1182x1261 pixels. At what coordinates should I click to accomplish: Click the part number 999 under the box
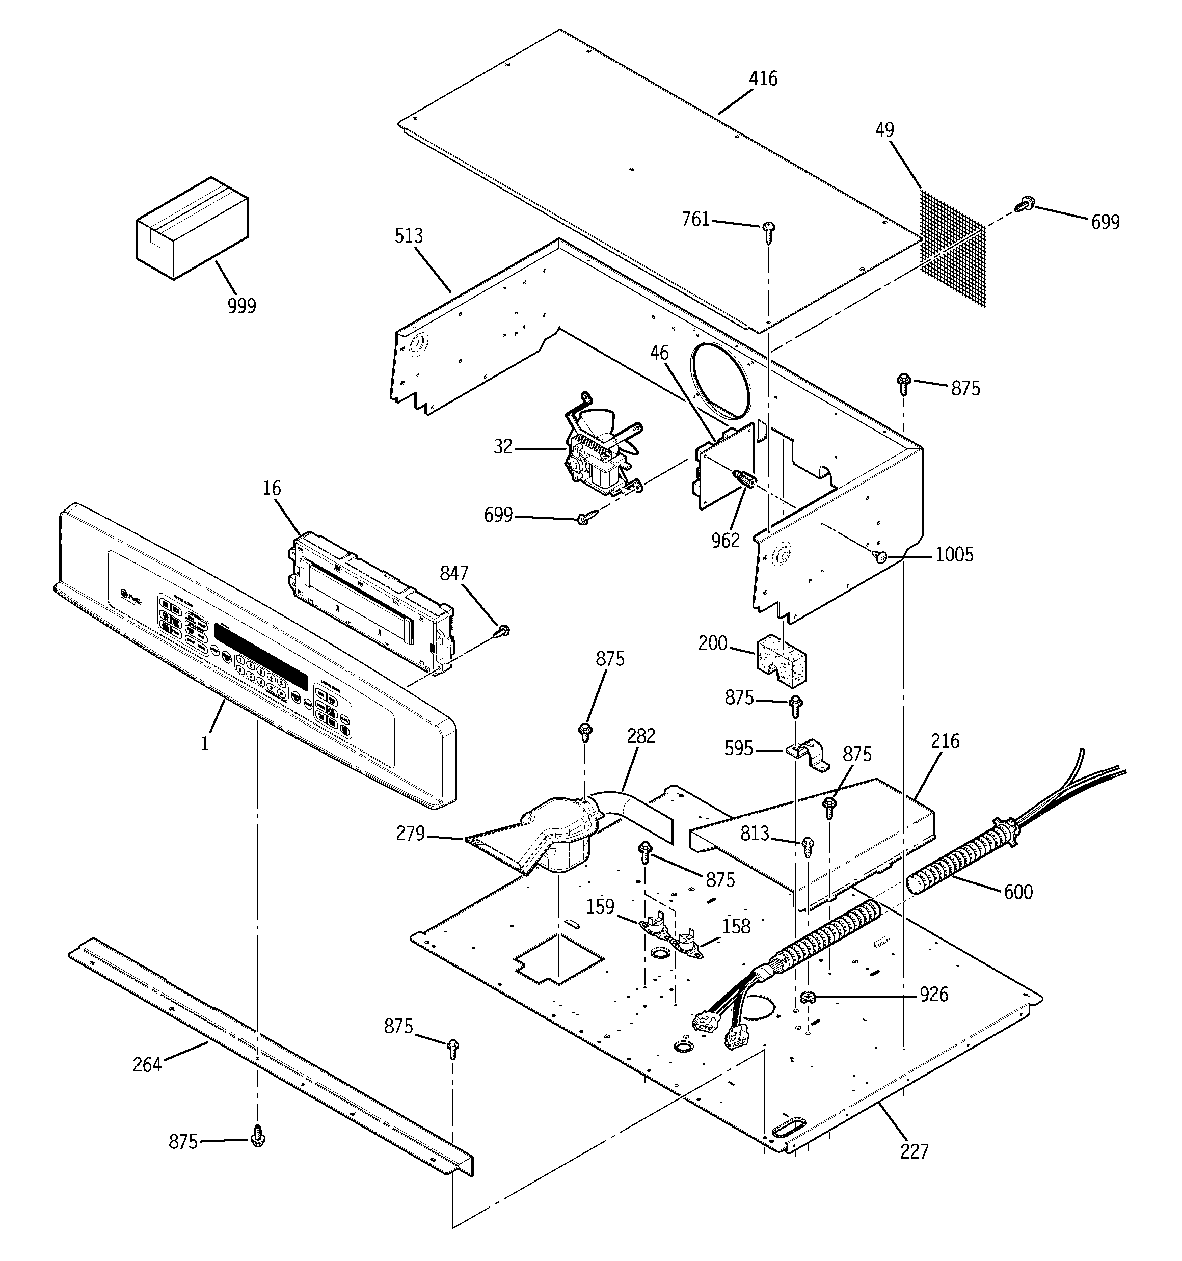point(241,306)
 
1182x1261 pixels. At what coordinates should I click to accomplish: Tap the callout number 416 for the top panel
point(763,78)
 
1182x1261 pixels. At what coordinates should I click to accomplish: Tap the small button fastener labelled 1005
point(879,556)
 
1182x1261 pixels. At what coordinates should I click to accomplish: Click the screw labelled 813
point(808,846)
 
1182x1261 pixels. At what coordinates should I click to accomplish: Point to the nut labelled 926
point(807,997)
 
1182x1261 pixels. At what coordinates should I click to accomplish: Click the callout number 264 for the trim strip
point(147,1064)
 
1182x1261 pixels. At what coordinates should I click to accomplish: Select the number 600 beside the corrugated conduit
point(1017,892)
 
